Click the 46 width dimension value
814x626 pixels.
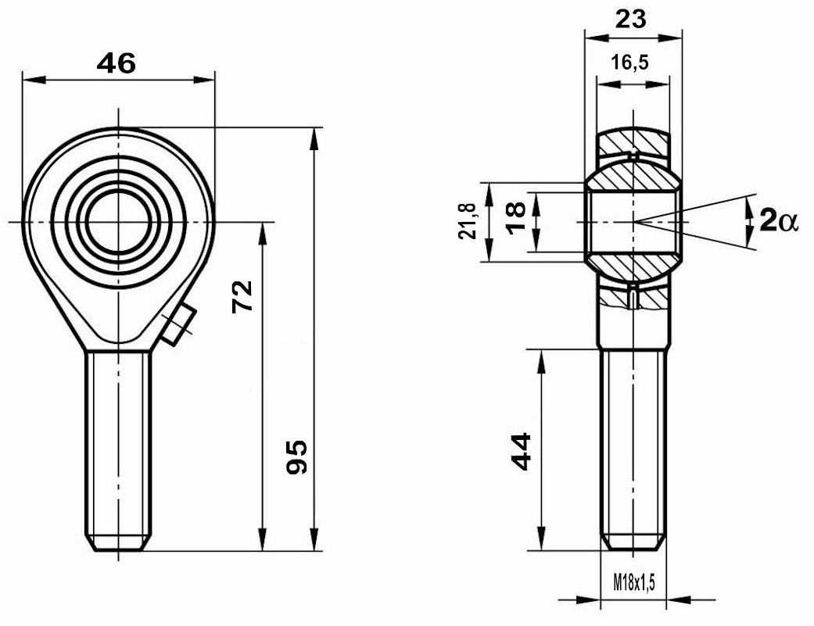click(x=117, y=63)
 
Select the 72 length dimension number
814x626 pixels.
click(x=242, y=296)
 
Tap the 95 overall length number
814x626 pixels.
click(x=297, y=457)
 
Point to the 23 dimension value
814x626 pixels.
click(x=631, y=20)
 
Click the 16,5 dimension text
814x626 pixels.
click(x=629, y=63)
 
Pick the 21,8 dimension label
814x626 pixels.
click(x=468, y=221)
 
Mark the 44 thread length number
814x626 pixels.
click(x=522, y=452)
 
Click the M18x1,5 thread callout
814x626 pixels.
click(x=634, y=582)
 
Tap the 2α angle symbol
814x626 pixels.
click(x=777, y=221)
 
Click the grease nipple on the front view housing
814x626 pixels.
click(x=177, y=324)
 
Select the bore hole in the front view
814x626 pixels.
click(x=119, y=222)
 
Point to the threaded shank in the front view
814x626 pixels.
click(x=118, y=451)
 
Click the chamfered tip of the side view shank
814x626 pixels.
click(x=633, y=543)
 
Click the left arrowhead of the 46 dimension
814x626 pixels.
click(x=34, y=80)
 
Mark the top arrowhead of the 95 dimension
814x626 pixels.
click(x=314, y=138)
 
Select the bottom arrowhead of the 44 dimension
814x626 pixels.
click(x=541, y=538)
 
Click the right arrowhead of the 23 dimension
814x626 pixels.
click(x=670, y=38)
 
